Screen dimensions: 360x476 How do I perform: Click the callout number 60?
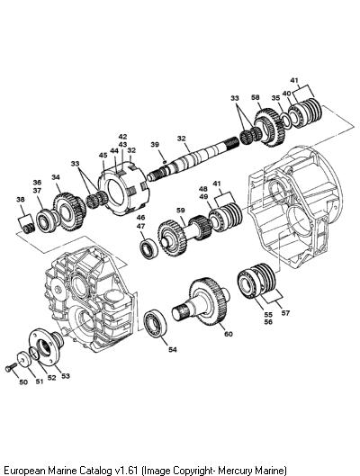coord(229,334)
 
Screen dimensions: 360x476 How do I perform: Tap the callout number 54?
coord(173,350)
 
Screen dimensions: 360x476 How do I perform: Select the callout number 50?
coord(23,382)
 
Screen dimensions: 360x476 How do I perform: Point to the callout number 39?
coord(155,145)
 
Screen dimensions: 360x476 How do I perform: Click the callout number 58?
coord(256,97)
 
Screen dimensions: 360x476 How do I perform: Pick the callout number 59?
coord(181,210)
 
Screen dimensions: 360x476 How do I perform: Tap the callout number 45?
coord(103,155)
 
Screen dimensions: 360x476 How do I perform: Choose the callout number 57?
coord(285,313)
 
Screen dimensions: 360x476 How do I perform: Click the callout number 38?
coord(21,200)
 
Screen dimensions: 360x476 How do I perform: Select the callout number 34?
coord(56,177)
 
